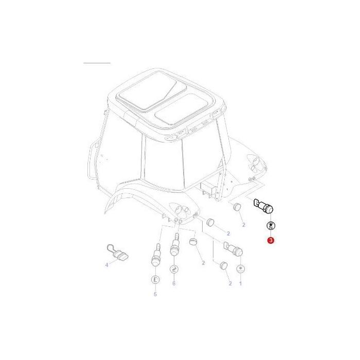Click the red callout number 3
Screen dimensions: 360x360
click(271, 240)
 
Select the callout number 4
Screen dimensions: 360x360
click(107, 265)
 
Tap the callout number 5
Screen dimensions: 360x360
click(155, 294)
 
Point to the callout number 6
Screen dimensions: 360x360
click(174, 283)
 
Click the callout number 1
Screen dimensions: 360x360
click(240, 283)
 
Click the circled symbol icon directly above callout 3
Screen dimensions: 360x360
click(271, 226)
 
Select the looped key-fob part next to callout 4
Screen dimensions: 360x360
click(118, 251)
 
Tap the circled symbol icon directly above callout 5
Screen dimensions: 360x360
click(155, 279)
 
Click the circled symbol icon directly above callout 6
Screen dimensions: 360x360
click(174, 269)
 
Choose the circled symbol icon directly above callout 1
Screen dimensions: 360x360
click(240, 269)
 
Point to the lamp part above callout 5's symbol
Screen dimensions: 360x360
click(154, 256)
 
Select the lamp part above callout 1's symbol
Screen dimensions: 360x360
click(235, 250)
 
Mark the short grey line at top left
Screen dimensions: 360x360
click(97, 63)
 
